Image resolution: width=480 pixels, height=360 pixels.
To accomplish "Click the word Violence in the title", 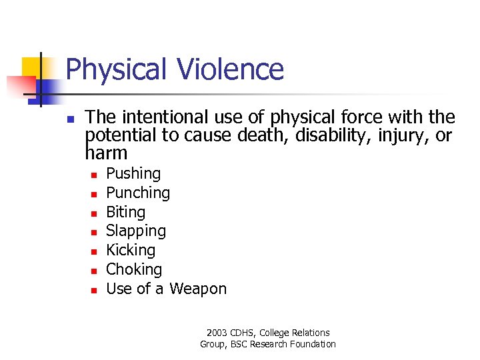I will (x=231, y=69).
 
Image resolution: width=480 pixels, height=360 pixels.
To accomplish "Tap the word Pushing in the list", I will (x=133, y=174).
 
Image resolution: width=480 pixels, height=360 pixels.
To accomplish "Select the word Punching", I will (x=138, y=193).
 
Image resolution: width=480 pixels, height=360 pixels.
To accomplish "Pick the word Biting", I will (x=125, y=212).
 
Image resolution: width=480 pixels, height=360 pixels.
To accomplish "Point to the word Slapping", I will (x=136, y=231).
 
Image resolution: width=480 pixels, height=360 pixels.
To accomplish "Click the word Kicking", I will (x=131, y=251).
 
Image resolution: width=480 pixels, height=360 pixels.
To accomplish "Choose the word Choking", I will (x=134, y=269).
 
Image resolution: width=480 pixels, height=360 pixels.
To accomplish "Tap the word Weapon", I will (x=198, y=289).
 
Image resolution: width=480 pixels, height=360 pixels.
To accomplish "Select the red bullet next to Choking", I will (x=95, y=271).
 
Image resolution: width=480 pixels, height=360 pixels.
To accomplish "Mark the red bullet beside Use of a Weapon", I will (x=95, y=290).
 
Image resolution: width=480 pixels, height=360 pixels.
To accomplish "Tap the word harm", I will (x=106, y=154).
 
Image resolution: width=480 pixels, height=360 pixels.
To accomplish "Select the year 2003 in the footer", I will (x=217, y=333).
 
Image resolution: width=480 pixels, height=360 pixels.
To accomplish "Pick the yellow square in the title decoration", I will (x=31, y=67).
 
